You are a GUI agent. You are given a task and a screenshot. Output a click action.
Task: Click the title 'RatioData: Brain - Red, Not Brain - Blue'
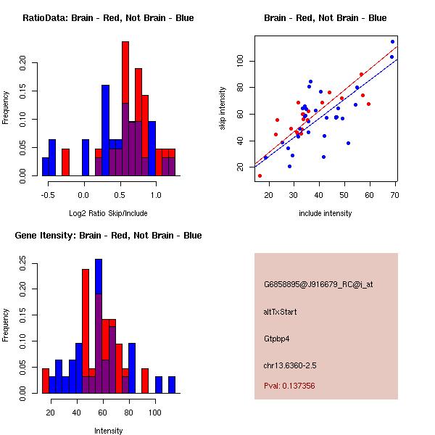point(108,18)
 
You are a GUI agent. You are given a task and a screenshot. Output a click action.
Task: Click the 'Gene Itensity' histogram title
point(108,236)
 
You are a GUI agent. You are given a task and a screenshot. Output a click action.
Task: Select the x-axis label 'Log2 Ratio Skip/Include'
point(108,213)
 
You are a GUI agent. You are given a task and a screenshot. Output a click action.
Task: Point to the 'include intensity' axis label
point(326,213)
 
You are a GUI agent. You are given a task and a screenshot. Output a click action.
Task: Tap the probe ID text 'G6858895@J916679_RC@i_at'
point(318,285)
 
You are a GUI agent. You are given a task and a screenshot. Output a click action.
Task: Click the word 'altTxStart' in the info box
point(281,312)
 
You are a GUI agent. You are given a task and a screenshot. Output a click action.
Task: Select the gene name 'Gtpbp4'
point(279,338)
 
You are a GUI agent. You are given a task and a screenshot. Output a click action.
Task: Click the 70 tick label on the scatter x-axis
point(394,194)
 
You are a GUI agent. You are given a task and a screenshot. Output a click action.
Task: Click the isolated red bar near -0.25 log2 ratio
point(65,162)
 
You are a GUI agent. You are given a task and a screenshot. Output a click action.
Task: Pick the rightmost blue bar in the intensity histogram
point(172,385)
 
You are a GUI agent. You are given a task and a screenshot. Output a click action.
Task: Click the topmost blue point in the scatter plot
point(392,41)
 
